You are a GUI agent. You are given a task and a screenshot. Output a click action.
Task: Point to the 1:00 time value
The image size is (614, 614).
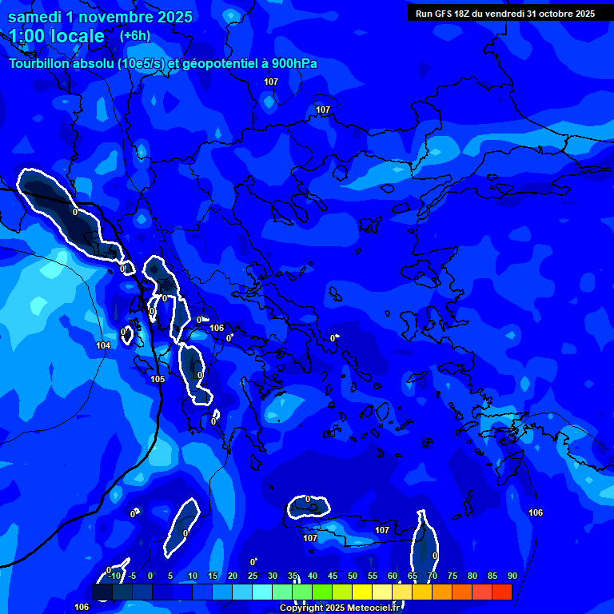pyautogui.click(x=30, y=36)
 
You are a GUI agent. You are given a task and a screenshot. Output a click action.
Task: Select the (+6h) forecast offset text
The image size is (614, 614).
pyautogui.click(x=134, y=36)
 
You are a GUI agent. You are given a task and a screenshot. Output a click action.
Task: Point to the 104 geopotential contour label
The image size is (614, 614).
pyautogui.click(x=103, y=346)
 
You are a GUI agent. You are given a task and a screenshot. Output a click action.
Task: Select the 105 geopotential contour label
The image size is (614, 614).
pyautogui.click(x=157, y=379)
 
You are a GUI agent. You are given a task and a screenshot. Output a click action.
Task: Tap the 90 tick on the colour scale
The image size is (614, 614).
pyautogui.click(x=512, y=576)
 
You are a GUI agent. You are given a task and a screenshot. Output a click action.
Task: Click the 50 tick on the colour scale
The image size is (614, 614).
pyautogui.click(x=352, y=576)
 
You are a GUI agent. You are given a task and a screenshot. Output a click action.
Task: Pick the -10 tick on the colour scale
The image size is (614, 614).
pyautogui.click(x=114, y=576)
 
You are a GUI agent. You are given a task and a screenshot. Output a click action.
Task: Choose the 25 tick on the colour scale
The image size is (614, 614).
pyautogui.click(x=252, y=576)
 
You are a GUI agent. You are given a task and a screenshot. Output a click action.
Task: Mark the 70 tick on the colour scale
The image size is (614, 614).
pyautogui.click(x=432, y=576)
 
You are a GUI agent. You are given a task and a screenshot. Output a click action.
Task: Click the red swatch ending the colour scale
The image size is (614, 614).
pyautogui.click(x=502, y=592)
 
